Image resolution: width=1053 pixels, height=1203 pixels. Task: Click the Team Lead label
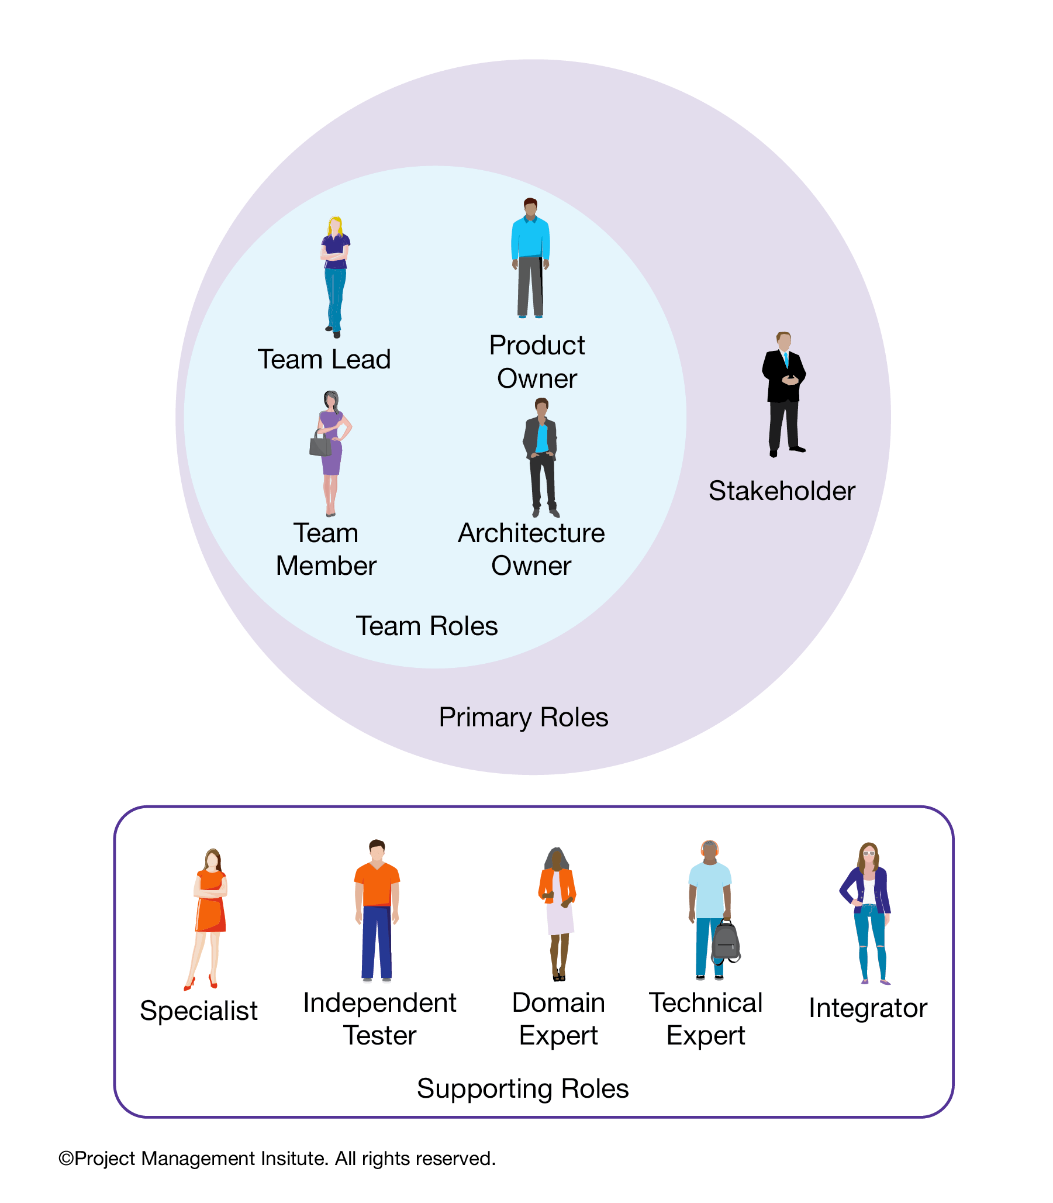(324, 359)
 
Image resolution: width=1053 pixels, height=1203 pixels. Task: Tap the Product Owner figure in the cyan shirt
(530, 258)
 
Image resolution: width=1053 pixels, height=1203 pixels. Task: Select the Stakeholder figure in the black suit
(784, 394)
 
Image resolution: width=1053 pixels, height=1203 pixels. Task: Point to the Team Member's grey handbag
(320, 445)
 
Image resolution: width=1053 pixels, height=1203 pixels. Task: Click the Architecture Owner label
(531, 549)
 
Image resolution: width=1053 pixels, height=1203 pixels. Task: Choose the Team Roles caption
(427, 626)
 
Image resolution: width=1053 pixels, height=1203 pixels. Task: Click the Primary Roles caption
(523, 717)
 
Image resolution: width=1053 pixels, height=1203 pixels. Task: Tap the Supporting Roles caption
(522, 1088)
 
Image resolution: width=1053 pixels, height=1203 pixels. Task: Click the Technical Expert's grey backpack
(726, 942)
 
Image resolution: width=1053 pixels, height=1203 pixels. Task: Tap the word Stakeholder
(782, 491)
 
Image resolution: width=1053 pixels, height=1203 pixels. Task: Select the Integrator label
(867, 1008)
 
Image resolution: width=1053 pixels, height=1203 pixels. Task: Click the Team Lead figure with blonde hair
(335, 276)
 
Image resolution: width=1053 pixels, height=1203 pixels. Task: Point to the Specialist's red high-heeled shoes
(201, 982)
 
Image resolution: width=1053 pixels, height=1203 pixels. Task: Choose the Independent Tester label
(379, 1018)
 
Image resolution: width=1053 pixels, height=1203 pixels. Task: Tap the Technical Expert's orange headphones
(710, 847)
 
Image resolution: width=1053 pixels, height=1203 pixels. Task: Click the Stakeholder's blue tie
(786, 359)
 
